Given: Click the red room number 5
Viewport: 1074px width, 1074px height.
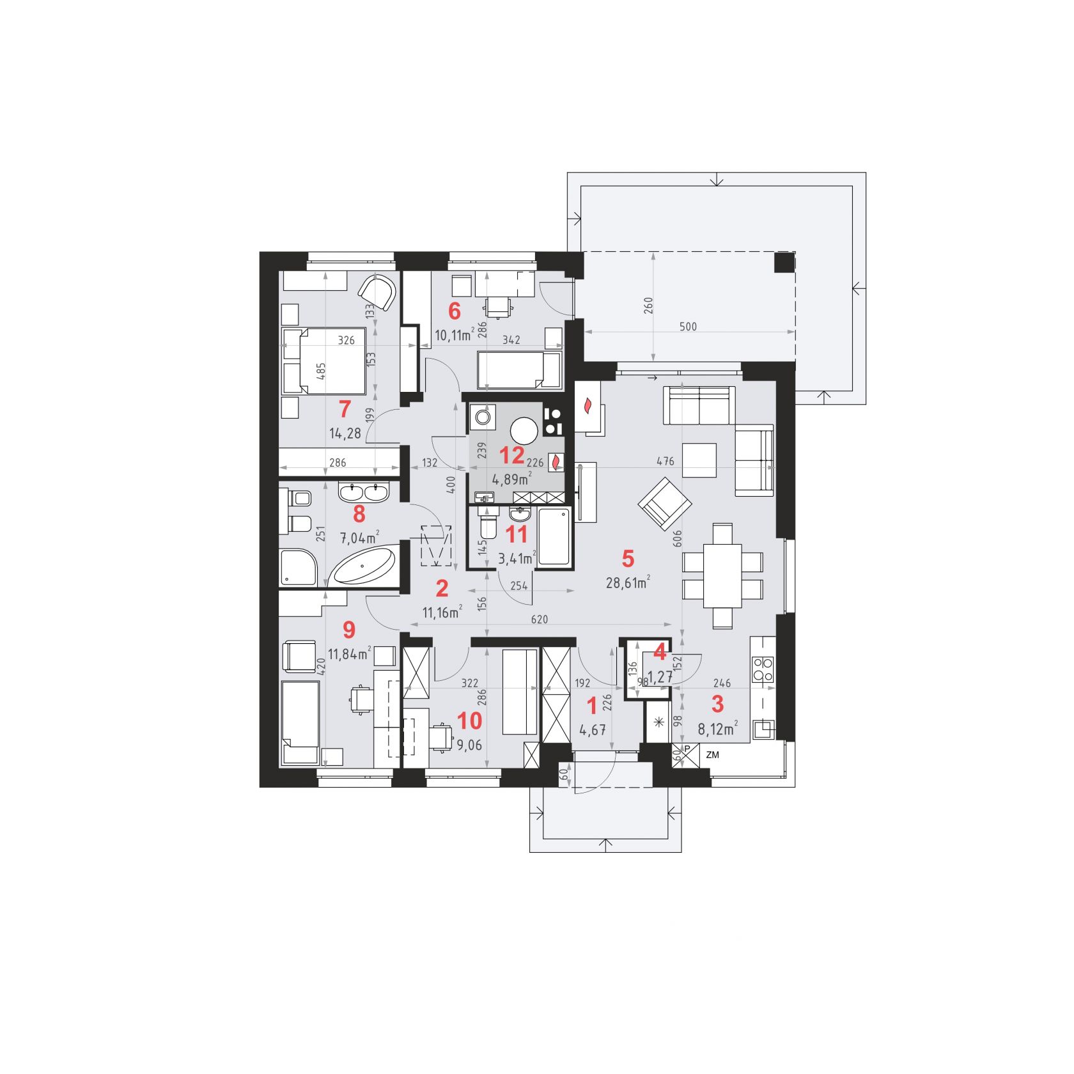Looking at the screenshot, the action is pyautogui.click(x=628, y=558).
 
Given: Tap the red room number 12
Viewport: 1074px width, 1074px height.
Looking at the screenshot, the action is pyautogui.click(x=512, y=456).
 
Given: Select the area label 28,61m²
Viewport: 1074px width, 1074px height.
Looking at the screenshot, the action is pyautogui.click(x=628, y=582).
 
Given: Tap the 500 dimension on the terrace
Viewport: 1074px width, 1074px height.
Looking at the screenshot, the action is pyautogui.click(x=688, y=327).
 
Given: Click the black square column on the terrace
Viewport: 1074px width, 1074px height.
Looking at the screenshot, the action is pyautogui.click(x=784, y=263).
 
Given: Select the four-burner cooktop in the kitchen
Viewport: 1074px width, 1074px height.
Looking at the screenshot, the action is pyautogui.click(x=762, y=669).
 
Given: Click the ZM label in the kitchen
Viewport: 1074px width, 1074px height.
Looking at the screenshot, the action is pyautogui.click(x=712, y=754).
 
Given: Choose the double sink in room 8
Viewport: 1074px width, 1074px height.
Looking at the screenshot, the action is pyautogui.click(x=362, y=492).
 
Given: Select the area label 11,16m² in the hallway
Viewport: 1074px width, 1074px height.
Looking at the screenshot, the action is pyautogui.click(x=442, y=612).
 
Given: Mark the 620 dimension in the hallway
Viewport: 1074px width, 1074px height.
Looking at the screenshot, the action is pyautogui.click(x=539, y=619).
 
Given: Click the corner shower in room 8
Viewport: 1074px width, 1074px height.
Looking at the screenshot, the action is pyautogui.click(x=299, y=566).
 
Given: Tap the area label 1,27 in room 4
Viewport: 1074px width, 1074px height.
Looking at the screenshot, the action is pyautogui.click(x=658, y=677).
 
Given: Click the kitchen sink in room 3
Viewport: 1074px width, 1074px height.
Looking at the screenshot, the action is pyautogui.click(x=764, y=728).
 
